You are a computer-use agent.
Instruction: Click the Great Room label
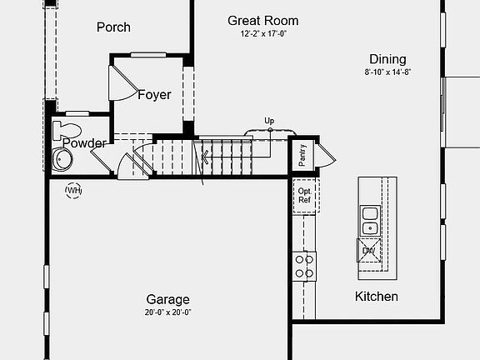[x=262, y=21]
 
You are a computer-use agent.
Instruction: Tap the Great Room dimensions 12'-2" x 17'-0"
[x=262, y=35]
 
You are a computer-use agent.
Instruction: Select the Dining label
[x=387, y=59]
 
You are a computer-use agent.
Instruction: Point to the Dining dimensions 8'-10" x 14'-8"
[x=387, y=72]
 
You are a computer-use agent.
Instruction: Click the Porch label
[x=113, y=27]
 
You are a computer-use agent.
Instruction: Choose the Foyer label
[x=154, y=95]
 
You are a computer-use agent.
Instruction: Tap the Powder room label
[x=85, y=143]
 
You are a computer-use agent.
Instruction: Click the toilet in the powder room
[x=66, y=131]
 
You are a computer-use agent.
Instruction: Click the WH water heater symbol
[x=74, y=191]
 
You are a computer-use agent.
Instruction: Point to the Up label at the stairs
[x=269, y=121]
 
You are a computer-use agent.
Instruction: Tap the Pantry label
[x=302, y=155]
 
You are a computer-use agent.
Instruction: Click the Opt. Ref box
[x=304, y=197]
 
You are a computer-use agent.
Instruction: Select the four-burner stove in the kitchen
[x=305, y=266]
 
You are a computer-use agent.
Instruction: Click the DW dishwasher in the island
[x=368, y=249]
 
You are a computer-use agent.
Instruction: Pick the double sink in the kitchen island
[x=369, y=220]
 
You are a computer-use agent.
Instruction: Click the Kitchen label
[x=377, y=297]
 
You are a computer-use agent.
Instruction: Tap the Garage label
[x=168, y=300]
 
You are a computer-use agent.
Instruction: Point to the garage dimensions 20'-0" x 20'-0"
[x=168, y=312]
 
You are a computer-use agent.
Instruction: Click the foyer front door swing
[x=122, y=82]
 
